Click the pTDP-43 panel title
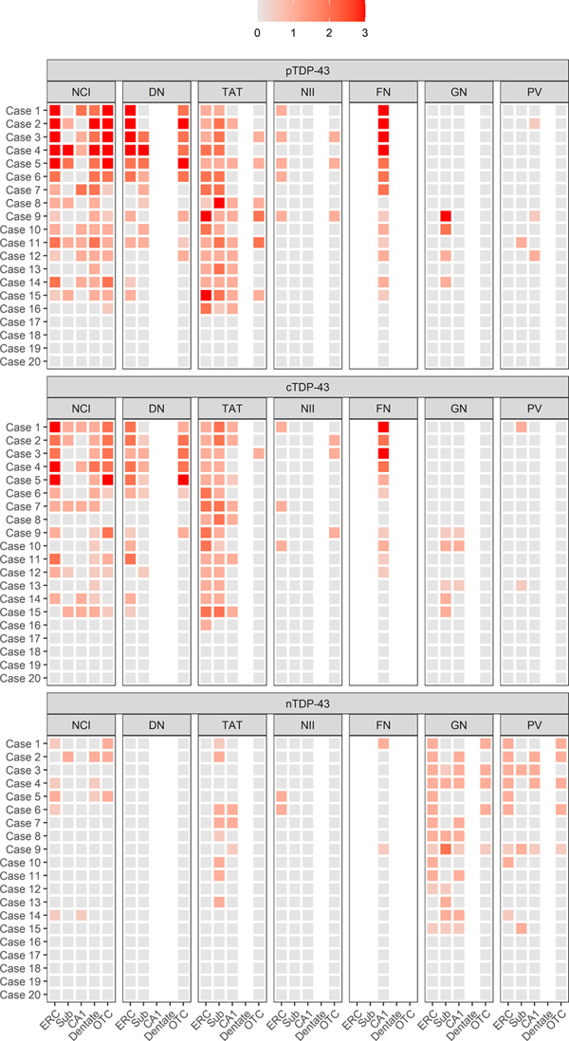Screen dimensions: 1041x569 point(309,70)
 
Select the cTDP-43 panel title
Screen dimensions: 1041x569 point(309,387)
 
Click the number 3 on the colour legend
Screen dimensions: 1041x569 point(364,32)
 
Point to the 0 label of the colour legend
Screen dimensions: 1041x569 point(258,32)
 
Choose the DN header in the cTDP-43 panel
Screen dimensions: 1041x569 point(158,408)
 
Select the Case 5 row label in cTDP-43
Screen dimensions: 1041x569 point(23,480)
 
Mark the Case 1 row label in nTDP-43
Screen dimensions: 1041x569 point(23,743)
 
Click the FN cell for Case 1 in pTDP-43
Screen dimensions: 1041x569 point(383,111)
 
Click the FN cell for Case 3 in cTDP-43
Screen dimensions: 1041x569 point(383,453)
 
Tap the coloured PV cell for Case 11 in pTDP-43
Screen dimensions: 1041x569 point(521,243)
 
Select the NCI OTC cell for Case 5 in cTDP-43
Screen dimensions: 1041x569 point(108,480)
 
